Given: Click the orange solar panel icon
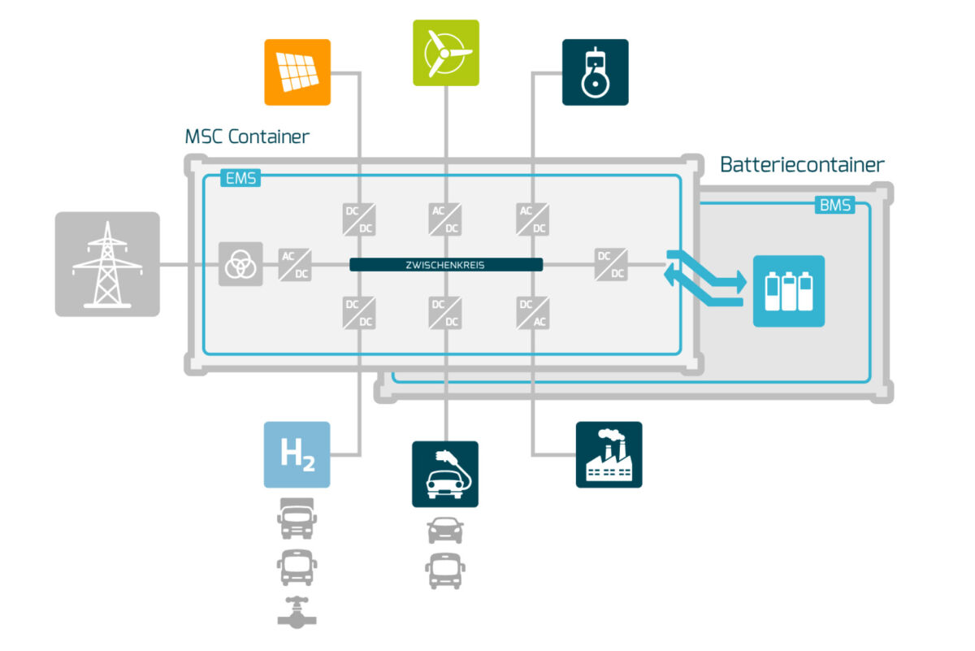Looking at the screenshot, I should pos(297,72).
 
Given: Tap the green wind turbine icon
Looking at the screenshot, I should pos(445,53).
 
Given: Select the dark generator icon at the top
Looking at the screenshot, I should pos(595,72).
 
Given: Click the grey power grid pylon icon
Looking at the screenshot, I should pos(107,264).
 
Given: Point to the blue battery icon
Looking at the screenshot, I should pos(788,291).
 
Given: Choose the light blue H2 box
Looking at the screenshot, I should pos(297,454).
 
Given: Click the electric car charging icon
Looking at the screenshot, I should pos(445,475).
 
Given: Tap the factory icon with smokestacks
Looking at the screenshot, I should pos(609,454).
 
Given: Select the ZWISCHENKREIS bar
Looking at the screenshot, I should pos(446,264).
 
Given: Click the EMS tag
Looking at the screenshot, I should pos(240,179).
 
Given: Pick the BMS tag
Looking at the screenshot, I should pos(834,206).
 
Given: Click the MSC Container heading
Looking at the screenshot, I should pos(247,137).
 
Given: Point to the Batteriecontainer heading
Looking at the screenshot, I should pos(802,165).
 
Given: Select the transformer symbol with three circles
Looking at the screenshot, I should pos(240,264).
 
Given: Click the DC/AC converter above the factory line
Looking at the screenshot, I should pos(532,313).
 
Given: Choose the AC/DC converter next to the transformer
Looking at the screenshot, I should pos(295,264).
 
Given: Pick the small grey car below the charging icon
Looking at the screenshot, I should pos(445,530).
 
